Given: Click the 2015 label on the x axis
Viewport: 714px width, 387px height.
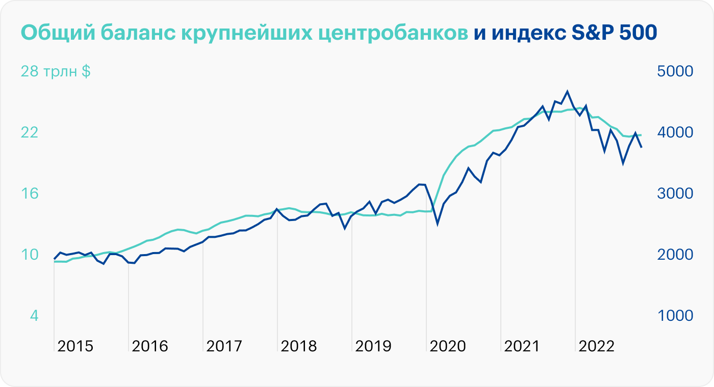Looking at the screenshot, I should [x=75, y=347].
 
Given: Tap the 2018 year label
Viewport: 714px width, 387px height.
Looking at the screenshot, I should [x=299, y=347].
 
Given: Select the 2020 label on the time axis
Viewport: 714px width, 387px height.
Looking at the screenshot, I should [x=448, y=347].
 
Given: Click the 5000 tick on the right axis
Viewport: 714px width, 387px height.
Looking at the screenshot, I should [x=675, y=71].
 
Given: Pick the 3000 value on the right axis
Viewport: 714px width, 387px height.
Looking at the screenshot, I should [x=675, y=193].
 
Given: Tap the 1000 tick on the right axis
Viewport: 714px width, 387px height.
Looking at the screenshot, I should [x=675, y=316].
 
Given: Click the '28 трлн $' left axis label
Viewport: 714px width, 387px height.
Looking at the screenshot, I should [x=56, y=71].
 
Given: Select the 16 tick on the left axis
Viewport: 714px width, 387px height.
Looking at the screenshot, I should [x=30, y=193].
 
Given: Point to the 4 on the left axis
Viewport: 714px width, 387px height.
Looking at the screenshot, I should [x=34, y=316].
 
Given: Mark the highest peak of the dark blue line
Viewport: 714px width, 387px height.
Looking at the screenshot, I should [x=567, y=92].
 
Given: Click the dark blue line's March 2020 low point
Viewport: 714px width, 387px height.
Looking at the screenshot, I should [x=438, y=223].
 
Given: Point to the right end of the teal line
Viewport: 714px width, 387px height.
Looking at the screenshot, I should [x=641, y=135].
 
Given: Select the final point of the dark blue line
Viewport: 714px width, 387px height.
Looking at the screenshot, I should [x=642, y=147].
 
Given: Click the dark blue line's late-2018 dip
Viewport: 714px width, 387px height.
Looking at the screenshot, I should [x=345, y=228].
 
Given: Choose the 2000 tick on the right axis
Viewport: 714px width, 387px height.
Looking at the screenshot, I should [x=675, y=255].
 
